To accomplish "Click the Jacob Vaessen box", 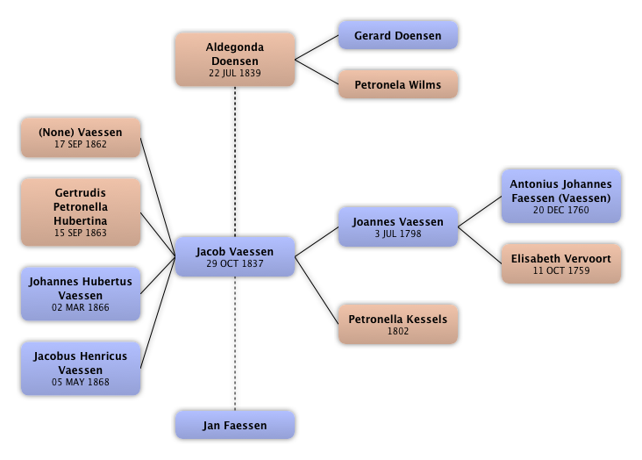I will point(234,257).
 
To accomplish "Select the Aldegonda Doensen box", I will point(234,60).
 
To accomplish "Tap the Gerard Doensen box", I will point(397,36).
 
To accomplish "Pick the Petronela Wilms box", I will point(397,85).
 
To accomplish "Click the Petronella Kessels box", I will point(397,325).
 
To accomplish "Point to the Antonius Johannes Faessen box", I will point(561,197).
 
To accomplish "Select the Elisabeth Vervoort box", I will point(561,264).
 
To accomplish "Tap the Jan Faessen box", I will point(234,426).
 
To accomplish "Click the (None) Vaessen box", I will point(80,138).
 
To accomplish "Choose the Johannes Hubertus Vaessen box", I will point(80,294).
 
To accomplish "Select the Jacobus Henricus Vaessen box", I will point(80,369).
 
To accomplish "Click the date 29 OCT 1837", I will point(234,264).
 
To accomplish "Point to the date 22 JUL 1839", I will point(234,73).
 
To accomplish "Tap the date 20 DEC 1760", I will point(561,210).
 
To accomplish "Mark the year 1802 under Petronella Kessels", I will point(397,332).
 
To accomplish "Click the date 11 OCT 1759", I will point(561,271).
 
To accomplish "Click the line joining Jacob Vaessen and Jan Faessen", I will point(234,342).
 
